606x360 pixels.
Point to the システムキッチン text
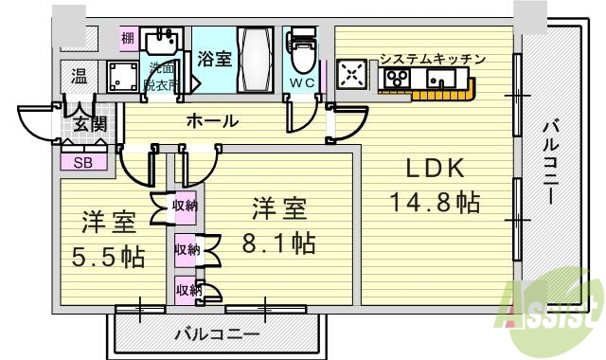[x=432, y=60]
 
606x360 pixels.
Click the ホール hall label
[x=211, y=121]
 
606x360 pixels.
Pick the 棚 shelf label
[x=127, y=39]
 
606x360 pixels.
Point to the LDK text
[x=435, y=171]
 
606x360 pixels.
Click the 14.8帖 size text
[x=435, y=203]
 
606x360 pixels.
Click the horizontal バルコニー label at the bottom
[x=217, y=334]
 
